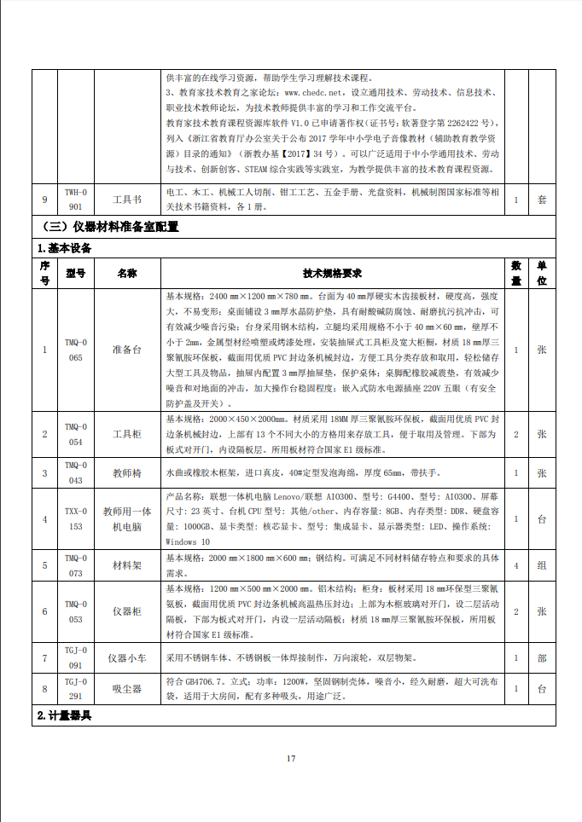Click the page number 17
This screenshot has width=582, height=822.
click(x=290, y=758)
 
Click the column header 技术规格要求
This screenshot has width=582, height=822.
click(x=332, y=273)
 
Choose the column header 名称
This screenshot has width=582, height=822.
click(x=127, y=273)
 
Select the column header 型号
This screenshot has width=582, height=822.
click(x=76, y=273)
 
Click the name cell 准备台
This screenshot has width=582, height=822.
click(x=127, y=350)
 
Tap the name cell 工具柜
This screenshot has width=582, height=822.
click(x=127, y=434)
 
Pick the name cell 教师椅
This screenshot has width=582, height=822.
click(x=127, y=472)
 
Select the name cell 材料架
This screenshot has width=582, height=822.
click(x=127, y=565)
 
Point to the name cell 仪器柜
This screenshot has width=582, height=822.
click(x=127, y=611)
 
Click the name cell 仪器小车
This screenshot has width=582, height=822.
click(x=127, y=657)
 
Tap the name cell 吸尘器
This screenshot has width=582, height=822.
click(x=127, y=688)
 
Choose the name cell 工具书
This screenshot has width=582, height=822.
click(x=127, y=200)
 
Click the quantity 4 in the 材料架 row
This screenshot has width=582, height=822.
click(x=515, y=565)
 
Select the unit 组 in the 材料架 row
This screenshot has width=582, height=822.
click(x=541, y=565)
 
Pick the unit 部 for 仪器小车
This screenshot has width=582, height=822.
click(x=541, y=657)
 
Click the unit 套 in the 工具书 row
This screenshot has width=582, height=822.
click(x=541, y=200)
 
